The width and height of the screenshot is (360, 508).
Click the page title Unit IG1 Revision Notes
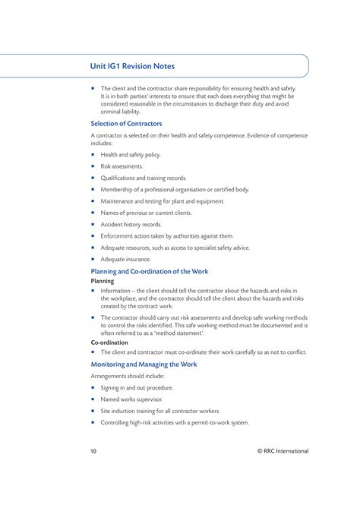coord(133,66)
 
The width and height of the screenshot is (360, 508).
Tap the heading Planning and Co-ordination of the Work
coord(150,271)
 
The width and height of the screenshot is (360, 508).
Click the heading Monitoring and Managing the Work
coord(144,364)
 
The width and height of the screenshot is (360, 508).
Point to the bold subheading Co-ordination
coord(109,342)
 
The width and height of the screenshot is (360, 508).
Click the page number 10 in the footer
coord(93,451)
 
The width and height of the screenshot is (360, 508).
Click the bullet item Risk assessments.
coord(122,166)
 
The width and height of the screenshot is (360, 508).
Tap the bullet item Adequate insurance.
coord(125,259)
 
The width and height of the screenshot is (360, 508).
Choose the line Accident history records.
coord(131,224)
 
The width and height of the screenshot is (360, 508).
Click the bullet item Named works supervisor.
coord(131,399)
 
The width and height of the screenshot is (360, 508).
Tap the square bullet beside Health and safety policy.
coord(93,154)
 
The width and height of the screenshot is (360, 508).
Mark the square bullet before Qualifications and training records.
coord(93,178)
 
